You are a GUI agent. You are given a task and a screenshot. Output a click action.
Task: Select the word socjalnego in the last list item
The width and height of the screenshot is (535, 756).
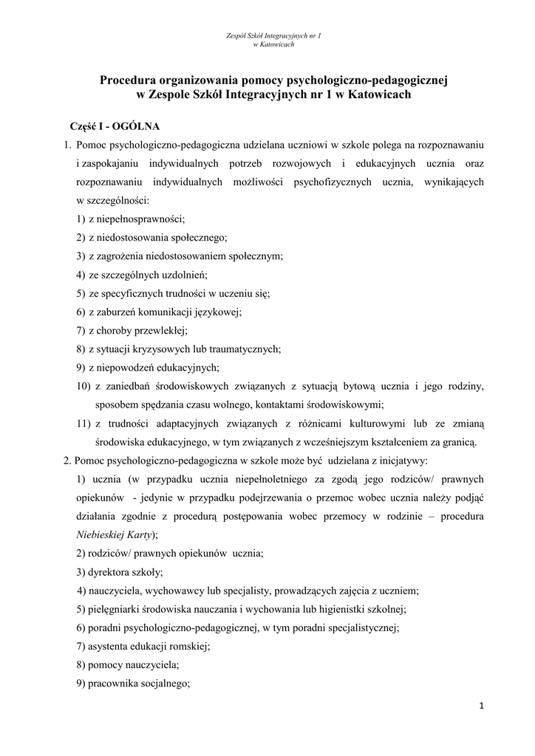[x=160, y=683]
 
